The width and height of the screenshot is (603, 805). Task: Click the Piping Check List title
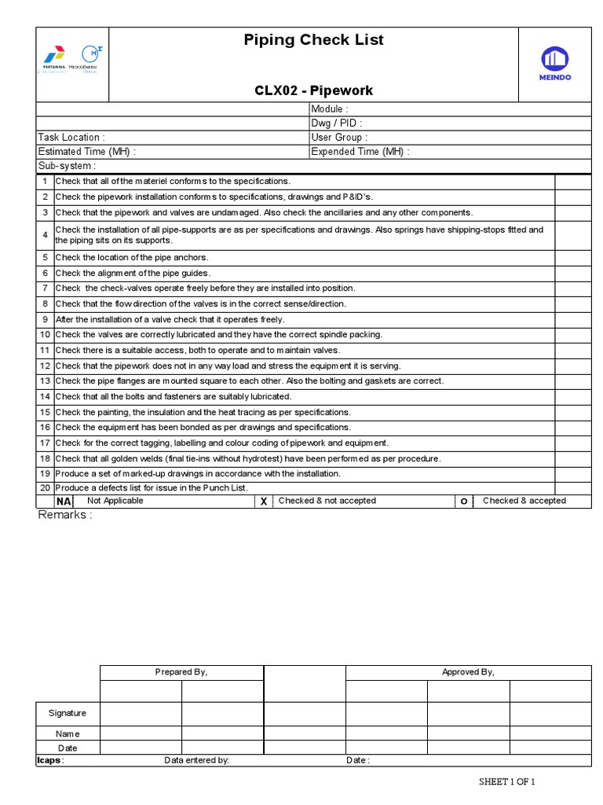tap(313, 40)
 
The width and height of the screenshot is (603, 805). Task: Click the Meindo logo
tap(555, 63)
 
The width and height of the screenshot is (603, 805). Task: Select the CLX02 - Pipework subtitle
tap(313, 90)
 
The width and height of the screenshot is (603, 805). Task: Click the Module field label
tap(330, 109)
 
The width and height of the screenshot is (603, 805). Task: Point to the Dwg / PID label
tap(337, 123)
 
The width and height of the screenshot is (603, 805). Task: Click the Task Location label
tap(71, 138)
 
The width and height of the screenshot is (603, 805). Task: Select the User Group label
tap(339, 138)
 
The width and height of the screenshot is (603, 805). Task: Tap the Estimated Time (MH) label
tap(87, 152)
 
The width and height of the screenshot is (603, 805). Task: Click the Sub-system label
tap(68, 166)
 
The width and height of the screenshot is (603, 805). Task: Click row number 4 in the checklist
tap(46, 235)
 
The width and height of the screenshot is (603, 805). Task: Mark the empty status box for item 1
tap(572, 182)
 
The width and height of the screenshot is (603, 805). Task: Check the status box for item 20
tap(572, 488)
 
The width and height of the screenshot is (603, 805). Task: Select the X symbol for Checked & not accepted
tap(264, 502)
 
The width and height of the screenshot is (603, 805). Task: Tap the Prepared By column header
tap(181, 672)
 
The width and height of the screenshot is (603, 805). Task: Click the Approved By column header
tap(468, 672)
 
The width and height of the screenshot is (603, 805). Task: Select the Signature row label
tap(68, 713)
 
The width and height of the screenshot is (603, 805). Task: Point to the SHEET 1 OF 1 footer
tap(507, 781)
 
